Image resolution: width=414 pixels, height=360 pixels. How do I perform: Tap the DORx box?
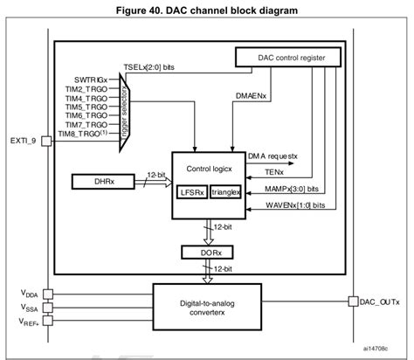(x=207, y=252)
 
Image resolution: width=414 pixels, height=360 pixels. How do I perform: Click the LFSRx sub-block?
(x=191, y=191)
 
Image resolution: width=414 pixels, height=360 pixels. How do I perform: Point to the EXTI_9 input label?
(x=23, y=139)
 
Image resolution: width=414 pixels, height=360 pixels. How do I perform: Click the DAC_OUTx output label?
(x=381, y=302)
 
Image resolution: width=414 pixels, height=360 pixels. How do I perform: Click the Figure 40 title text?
(x=207, y=10)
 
